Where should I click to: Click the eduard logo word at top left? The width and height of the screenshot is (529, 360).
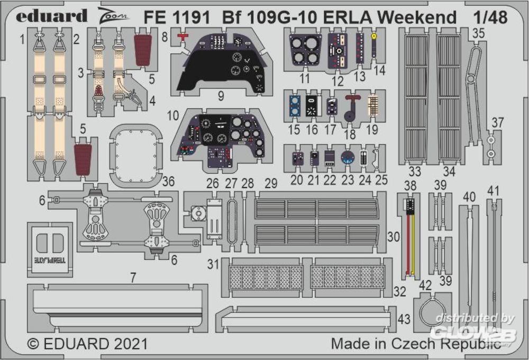point(51,16)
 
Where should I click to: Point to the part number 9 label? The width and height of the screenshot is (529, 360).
point(220,96)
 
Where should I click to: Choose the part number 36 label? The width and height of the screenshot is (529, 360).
point(169,182)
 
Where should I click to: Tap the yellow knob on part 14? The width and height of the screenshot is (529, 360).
point(374,37)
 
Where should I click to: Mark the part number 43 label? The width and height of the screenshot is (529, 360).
point(404,320)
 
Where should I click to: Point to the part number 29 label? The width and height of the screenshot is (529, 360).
point(271,183)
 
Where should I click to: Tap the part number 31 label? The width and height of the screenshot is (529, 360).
point(213,263)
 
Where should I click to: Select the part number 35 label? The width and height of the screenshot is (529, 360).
point(479,33)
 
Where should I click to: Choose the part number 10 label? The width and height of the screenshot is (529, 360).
point(173,114)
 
